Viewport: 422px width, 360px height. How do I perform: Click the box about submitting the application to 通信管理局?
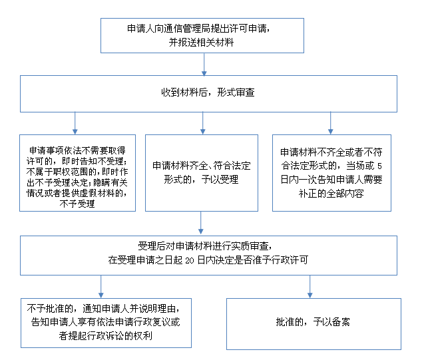pos(202,35)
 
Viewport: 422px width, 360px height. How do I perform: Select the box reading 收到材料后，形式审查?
pos(208,94)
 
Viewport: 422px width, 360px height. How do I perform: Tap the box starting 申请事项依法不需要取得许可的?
pos(77,173)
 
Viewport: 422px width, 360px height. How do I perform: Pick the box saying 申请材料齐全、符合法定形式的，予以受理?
pos(202,173)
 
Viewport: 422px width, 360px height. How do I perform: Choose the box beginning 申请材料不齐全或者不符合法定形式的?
pos(331,173)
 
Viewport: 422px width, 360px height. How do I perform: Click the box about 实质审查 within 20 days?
pos(208,256)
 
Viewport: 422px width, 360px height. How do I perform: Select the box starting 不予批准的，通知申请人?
pos(106,323)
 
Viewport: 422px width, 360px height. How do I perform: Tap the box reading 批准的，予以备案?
pos(314,324)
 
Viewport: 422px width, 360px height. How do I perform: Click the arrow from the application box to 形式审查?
pos(204,65)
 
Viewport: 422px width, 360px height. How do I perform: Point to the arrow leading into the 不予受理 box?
pos(75,123)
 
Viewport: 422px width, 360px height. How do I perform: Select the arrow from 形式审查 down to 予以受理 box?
pos(202,123)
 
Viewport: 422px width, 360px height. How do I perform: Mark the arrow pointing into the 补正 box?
pos(331,123)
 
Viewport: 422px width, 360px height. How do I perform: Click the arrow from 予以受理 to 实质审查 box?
pos(201,223)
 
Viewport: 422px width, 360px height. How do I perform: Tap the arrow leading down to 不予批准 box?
pos(101,287)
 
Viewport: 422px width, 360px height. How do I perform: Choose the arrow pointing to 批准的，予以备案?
pos(310,287)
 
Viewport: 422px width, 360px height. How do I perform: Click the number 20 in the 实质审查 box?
pos(190,260)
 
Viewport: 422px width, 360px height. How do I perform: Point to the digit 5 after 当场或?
pos(379,166)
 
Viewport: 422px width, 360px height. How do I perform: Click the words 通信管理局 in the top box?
pos(187,29)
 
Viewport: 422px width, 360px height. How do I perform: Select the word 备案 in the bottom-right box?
pos(341,322)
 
